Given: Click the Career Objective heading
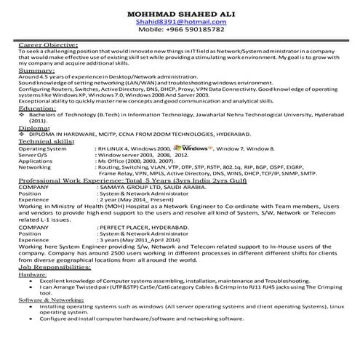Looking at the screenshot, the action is [x=50, y=45].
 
